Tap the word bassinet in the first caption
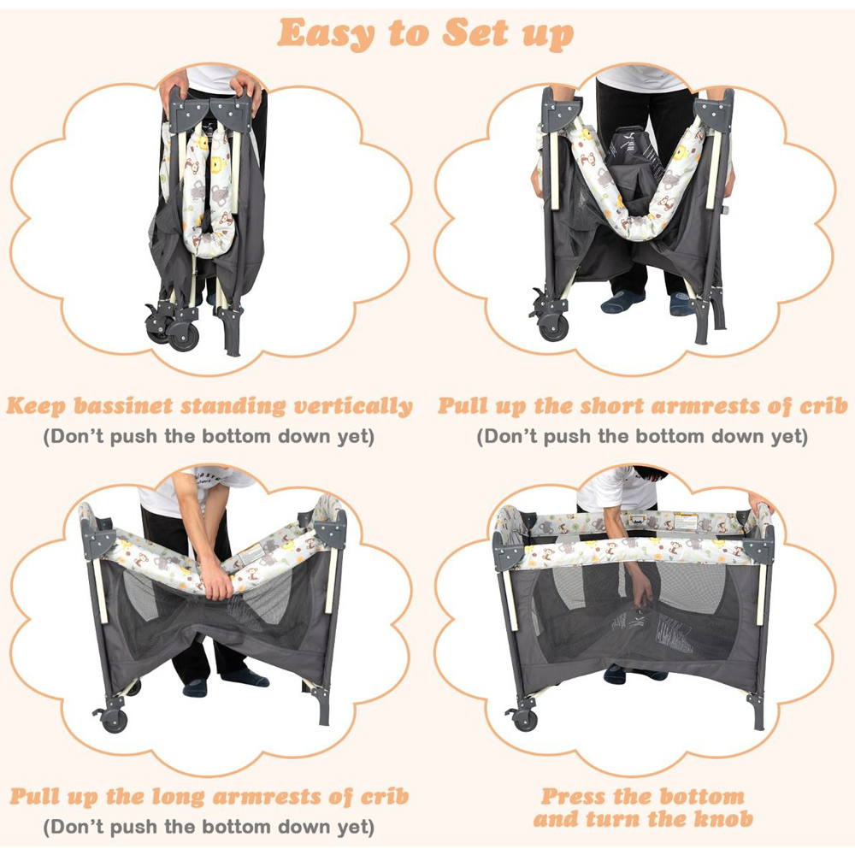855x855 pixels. click(123, 406)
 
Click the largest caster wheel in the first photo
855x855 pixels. click(184, 335)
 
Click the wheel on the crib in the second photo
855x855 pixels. click(553, 327)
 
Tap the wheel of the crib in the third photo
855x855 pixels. click(115, 721)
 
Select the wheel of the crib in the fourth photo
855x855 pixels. click(525, 720)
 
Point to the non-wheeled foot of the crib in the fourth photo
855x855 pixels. click(757, 711)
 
